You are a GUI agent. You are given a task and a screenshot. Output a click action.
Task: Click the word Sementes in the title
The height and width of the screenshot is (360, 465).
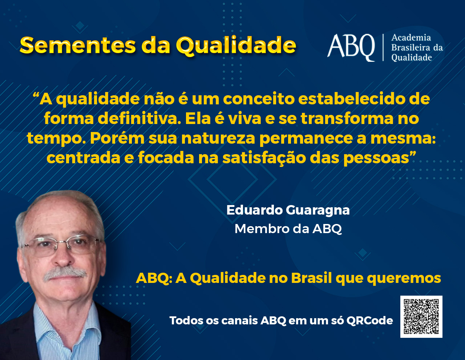(x=78, y=45)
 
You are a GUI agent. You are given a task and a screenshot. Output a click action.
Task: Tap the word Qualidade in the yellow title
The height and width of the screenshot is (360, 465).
(x=236, y=46)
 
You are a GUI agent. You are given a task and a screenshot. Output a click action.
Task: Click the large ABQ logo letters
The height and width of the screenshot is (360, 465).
(x=351, y=48)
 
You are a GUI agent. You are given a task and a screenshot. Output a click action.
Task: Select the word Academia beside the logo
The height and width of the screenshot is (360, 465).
(x=411, y=38)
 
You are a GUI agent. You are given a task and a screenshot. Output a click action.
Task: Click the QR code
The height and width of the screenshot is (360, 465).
(x=421, y=317)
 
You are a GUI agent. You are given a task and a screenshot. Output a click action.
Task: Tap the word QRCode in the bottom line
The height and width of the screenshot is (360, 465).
(x=369, y=321)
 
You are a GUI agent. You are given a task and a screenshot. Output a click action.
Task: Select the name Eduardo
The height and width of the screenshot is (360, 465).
(x=255, y=210)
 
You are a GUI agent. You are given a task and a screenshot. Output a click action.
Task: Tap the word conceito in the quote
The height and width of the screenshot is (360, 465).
(x=259, y=99)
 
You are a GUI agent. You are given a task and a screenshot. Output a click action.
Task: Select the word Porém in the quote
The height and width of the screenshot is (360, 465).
(x=117, y=138)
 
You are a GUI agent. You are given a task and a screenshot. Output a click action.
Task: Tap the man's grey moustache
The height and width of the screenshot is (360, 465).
(x=65, y=273)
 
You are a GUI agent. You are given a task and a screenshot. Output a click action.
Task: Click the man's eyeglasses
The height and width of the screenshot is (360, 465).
(x=61, y=245)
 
